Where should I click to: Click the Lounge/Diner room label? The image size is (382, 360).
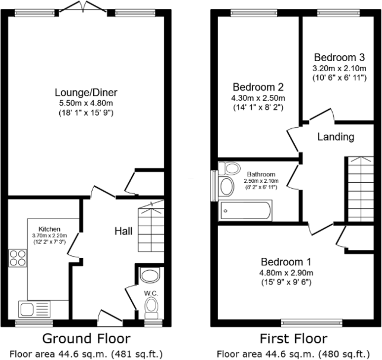tap(86, 92)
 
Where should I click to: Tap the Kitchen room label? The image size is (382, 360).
tap(49, 229)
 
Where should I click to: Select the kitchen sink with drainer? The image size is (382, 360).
tap(35, 309)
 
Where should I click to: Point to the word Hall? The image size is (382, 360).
tap(123, 231)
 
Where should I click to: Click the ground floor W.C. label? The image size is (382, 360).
tap(151, 293)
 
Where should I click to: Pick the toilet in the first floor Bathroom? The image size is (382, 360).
tap(229, 168)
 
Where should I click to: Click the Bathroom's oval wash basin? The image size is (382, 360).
tap(227, 187)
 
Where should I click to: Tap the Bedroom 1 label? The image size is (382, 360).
tap(286, 262)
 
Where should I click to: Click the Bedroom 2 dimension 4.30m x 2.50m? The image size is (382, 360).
tap(259, 97)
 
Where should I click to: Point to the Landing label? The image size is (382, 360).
tap(336, 137)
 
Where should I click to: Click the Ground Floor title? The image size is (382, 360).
tap(86, 339)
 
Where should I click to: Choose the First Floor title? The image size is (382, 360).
tap(293, 339)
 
